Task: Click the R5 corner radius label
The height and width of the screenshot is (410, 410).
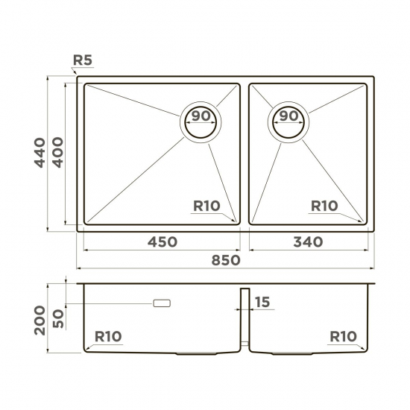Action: coord(83,60)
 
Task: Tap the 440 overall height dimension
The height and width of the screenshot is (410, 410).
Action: coord(40,153)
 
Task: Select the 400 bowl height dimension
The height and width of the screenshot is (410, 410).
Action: coord(58,152)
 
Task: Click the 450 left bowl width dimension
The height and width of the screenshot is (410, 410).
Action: coord(163,242)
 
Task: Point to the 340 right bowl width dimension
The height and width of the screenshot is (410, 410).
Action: coord(308,242)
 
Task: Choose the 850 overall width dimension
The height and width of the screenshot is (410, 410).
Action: coord(226,260)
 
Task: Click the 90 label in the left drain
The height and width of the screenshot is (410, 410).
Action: coord(201,116)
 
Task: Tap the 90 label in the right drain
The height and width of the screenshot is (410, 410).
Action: coord(288,116)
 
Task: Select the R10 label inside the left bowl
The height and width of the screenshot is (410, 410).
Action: coord(206,206)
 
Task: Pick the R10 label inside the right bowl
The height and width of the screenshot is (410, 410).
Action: coord(324,206)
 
